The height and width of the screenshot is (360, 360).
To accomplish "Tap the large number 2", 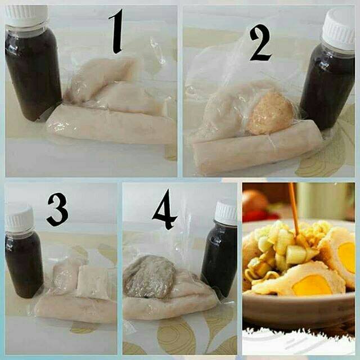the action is [260, 43].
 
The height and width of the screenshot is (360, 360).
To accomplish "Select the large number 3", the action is [57, 209].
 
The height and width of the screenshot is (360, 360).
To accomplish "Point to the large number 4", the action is [164, 210].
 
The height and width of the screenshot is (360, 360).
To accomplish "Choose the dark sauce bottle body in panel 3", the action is [24, 264].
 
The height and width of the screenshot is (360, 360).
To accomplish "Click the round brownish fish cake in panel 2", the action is [270, 113].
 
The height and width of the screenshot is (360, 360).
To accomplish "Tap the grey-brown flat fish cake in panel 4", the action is [150, 277].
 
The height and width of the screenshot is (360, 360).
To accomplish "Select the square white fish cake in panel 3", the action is [93, 282].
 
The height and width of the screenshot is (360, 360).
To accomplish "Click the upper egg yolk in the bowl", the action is [346, 254].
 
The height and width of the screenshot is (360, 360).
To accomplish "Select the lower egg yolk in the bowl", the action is [312, 285].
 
